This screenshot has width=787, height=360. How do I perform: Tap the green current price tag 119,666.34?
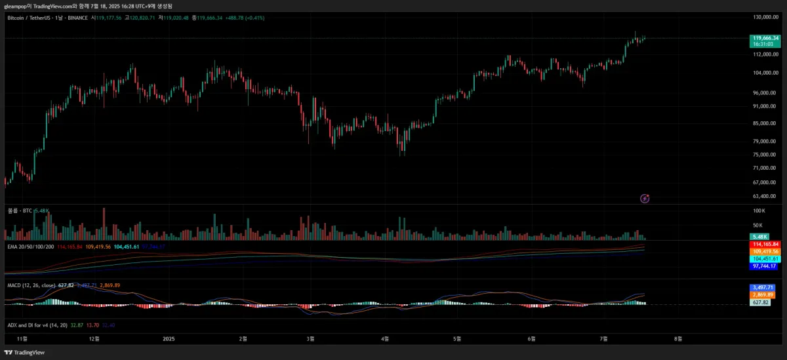[765, 39]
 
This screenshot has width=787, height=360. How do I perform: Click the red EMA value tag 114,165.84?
[765, 244]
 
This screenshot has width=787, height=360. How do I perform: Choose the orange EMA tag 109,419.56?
[765, 251]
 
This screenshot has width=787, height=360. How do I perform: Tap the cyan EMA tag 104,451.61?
[765, 259]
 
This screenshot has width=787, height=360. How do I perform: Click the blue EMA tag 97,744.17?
[765, 266]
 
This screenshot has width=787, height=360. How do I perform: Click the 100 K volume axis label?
[759, 210]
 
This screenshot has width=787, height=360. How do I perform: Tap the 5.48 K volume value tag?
[759, 236]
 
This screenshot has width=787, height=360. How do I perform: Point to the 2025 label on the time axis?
[169, 339]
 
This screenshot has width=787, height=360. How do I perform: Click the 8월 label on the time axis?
[678, 339]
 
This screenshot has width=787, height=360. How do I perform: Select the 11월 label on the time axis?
[22, 339]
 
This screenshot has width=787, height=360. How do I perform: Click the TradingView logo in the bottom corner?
[25, 353]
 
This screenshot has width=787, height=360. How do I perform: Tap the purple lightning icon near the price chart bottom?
[645, 198]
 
